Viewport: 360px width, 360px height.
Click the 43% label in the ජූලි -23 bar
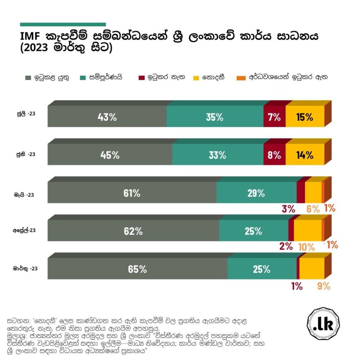[107, 117]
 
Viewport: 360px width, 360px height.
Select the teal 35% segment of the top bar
[215, 117]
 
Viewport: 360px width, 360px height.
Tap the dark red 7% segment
[274, 117]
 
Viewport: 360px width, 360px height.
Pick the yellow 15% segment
[305, 117]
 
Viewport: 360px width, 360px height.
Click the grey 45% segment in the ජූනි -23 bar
[110, 155]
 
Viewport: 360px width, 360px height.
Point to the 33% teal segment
[217, 155]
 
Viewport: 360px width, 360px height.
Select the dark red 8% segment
[274, 155]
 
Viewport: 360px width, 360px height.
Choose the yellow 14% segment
[305, 155]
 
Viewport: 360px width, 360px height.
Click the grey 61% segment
[132, 193]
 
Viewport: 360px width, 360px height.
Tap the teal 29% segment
[256, 193]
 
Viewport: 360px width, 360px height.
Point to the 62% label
[133, 231]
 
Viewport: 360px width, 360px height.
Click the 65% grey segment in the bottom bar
[137, 269]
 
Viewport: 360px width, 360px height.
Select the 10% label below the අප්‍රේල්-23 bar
[306, 246]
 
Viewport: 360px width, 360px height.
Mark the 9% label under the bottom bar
[323, 286]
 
